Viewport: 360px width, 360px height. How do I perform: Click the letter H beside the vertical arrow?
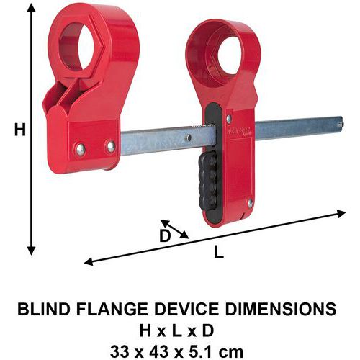pos(20,129)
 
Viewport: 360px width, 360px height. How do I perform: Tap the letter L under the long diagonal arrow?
pos(219,251)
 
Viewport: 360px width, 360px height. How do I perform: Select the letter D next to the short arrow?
pos(165,236)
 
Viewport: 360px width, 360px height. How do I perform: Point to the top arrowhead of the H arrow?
pos(31,8)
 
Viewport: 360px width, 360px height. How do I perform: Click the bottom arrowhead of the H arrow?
pos(31,251)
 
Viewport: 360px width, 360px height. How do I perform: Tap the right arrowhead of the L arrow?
pos(341,213)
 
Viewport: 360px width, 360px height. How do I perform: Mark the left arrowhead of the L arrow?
pos(89,261)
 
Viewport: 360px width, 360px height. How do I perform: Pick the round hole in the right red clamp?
pos(230,55)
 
